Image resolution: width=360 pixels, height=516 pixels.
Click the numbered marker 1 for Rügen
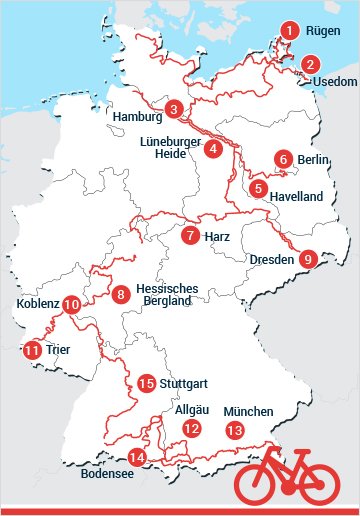point(290,31)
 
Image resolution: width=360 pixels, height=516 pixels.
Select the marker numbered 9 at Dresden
point(308,259)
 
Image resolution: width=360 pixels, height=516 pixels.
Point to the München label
point(248,411)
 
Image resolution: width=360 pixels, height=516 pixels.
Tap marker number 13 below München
point(235,431)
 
